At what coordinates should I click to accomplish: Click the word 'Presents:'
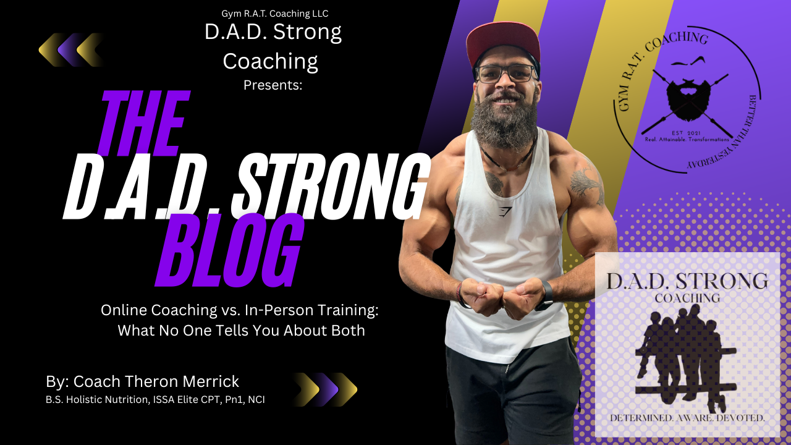click(x=273, y=85)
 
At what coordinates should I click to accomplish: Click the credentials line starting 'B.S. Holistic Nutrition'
click(x=155, y=400)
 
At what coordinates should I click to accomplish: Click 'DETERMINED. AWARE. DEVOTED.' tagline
click(x=687, y=418)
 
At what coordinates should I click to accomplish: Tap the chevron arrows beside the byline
click(x=325, y=389)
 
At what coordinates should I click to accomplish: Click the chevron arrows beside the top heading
click(x=70, y=49)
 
